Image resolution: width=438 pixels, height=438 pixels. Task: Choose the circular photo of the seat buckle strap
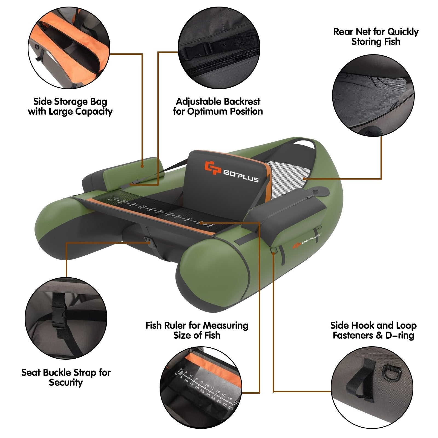click(x=66, y=318)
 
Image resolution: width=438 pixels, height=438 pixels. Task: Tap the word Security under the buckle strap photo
click(x=66, y=382)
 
